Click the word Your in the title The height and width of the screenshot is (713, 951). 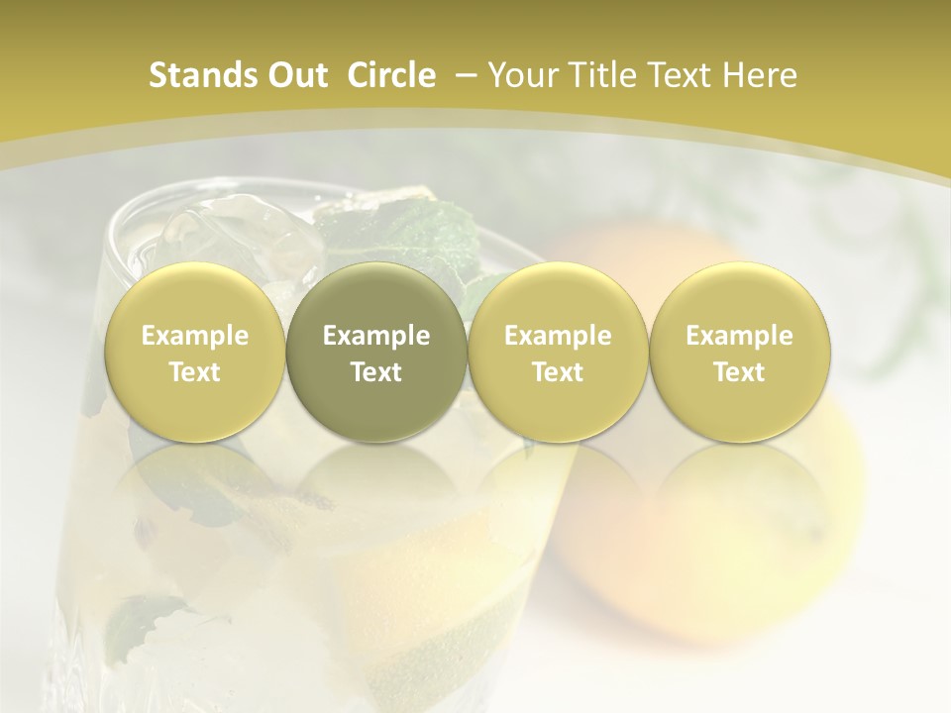click(521, 75)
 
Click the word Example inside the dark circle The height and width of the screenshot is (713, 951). click(376, 336)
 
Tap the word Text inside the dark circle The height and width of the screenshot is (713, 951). click(376, 372)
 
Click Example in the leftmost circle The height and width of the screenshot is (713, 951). click(194, 336)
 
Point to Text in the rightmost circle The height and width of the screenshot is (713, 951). click(739, 372)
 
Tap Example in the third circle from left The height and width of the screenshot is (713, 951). click(558, 336)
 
